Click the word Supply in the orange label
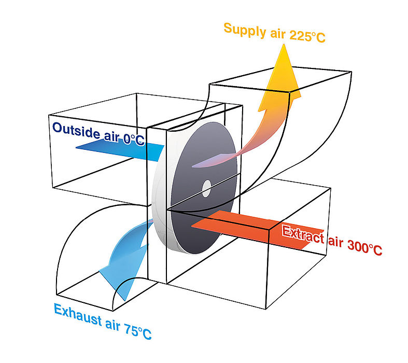[x=245, y=30]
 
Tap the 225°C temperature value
[x=307, y=36]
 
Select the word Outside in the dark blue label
[x=76, y=130]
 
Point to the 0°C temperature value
[x=134, y=139]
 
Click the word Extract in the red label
[x=303, y=234]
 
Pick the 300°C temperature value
[x=364, y=247]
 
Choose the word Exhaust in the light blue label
[x=78, y=314]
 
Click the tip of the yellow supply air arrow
[x=284, y=44]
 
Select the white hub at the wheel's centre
[x=207, y=188]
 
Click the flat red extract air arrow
[x=258, y=229]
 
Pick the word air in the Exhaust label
[x=113, y=324]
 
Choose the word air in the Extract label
[x=335, y=241]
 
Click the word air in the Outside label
[x=111, y=136]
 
